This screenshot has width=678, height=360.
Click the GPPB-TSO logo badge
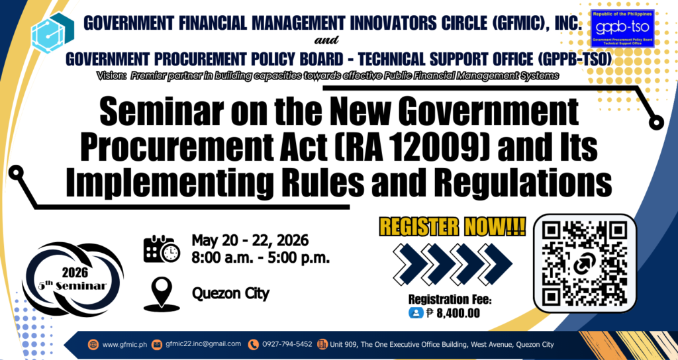pyautogui.click(x=622, y=28)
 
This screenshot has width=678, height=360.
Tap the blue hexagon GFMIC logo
pyautogui.click(x=52, y=32)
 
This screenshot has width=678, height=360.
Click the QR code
pyautogui.click(x=585, y=263)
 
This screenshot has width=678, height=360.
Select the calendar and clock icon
pyautogui.click(x=162, y=249)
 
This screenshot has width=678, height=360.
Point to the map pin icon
pyautogui.click(x=162, y=294)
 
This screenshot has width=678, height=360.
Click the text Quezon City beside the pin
pyautogui.click(x=230, y=294)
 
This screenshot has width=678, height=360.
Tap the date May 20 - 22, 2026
pyautogui.click(x=250, y=240)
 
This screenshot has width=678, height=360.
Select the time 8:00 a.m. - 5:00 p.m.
pyautogui.click(x=261, y=258)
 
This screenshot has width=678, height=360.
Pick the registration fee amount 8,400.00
pyautogui.click(x=458, y=313)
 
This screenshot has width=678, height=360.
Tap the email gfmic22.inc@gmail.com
pyautogui.click(x=203, y=344)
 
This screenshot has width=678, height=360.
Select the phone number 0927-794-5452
pyautogui.click(x=287, y=344)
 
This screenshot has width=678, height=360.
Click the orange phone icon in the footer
pyautogui.click(x=254, y=344)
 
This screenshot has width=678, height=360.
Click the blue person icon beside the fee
pyautogui.click(x=414, y=313)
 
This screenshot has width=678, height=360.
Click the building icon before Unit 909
pyautogui.click(x=322, y=344)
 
